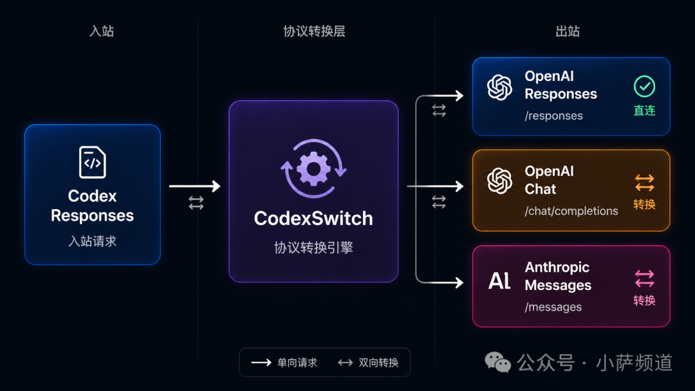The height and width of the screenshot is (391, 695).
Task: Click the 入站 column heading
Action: (x=102, y=31)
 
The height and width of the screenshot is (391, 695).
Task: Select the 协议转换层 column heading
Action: (x=314, y=31)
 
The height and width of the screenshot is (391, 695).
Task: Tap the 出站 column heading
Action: (x=568, y=31)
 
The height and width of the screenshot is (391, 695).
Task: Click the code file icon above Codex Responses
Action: (x=92, y=162)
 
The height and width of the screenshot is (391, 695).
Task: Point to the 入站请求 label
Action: (x=92, y=241)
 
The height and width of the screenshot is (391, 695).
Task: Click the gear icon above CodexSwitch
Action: (x=313, y=168)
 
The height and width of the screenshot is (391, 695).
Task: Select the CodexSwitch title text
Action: (x=313, y=218)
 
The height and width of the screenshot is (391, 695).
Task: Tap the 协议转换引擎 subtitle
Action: (x=313, y=247)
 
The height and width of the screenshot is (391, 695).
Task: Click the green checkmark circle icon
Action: (x=644, y=86)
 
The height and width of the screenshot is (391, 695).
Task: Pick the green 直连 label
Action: (x=644, y=110)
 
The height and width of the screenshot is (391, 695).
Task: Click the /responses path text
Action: (x=553, y=116)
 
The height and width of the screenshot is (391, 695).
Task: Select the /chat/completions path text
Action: (x=571, y=211)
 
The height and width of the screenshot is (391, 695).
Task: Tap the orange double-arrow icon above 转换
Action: (x=644, y=183)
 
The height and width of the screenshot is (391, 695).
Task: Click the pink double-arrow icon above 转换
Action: (x=644, y=279)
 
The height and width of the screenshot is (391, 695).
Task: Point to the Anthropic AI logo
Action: (x=499, y=281)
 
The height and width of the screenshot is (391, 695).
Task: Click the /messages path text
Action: (x=553, y=307)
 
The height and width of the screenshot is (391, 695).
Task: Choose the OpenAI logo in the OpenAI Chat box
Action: (x=499, y=181)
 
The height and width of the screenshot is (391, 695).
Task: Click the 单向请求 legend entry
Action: (x=284, y=363)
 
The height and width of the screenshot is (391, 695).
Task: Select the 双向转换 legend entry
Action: (x=368, y=363)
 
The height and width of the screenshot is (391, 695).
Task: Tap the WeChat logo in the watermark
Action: (x=497, y=362)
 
